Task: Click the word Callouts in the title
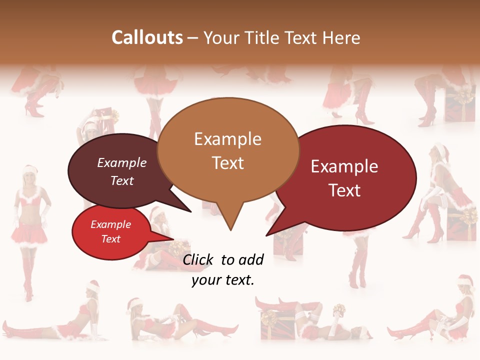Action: tap(147, 37)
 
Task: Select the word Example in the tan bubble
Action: tap(227, 139)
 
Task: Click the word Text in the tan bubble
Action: tap(228, 162)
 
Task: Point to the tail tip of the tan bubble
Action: tap(230, 229)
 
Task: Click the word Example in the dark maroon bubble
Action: tap(121, 162)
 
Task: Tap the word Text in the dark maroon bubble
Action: tap(122, 180)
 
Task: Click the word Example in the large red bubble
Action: tap(344, 166)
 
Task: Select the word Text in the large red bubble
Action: tap(345, 190)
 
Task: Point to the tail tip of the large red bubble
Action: tap(267, 234)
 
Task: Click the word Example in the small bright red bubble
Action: tap(110, 224)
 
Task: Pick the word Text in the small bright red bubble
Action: tap(111, 239)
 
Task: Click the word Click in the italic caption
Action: tap(198, 259)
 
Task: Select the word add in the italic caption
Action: tap(250, 259)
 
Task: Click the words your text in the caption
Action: tap(223, 280)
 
